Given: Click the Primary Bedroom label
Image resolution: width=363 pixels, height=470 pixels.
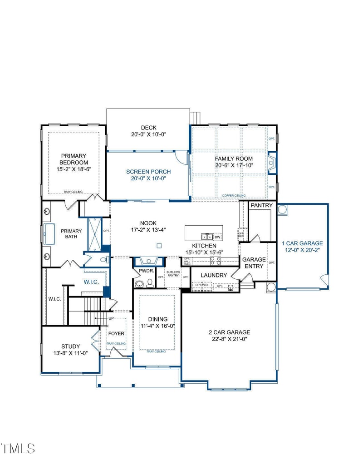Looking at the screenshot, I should tap(74, 159).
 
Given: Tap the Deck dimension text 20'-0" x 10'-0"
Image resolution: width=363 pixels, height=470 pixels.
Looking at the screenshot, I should tap(148, 134).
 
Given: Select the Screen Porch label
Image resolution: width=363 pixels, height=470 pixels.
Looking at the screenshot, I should tap(148, 172).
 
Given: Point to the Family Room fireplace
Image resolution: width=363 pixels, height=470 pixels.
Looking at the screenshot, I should tap(271, 163).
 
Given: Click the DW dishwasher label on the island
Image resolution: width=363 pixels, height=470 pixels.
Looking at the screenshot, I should tap(217, 237).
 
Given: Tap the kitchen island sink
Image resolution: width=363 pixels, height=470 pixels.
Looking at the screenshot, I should tap(206, 237).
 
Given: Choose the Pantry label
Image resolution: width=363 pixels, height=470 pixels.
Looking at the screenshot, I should tap(262, 205).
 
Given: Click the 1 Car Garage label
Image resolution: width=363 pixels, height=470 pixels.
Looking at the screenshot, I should tap(302, 243).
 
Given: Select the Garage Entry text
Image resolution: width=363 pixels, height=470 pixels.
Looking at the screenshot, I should tap(254, 263).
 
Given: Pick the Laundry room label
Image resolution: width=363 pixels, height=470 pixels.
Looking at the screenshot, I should tap(214, 275).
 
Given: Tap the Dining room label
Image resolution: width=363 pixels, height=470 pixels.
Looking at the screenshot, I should tap(157, 319).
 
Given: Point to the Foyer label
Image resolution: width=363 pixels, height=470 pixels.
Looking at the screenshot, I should tap(116, 333).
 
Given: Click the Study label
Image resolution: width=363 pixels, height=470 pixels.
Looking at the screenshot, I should tap(71, 346).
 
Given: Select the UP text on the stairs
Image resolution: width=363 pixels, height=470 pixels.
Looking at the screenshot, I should tap(110, 319).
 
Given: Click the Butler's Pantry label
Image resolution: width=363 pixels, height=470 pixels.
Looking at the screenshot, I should tap(173, 274).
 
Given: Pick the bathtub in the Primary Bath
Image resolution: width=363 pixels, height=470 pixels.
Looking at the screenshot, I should tap(48, 234).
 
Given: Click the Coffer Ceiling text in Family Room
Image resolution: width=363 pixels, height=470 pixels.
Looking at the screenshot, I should tap(234, 196).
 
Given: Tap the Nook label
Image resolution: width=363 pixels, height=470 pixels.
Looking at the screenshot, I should tap(148, 223).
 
